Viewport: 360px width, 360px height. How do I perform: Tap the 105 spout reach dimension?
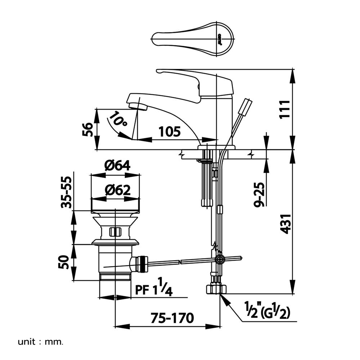pyautogui.click(x=169, y=132)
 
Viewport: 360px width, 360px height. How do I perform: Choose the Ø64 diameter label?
pyautogui.click(x=117, y=166)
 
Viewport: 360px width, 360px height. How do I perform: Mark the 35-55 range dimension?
pyautogui.click(x=66, y=192)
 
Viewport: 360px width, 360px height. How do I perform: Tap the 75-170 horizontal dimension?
pyautogui.click(x=172, y=318)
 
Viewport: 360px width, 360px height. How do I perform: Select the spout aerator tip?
pyautogui.click(x=138, y=106)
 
